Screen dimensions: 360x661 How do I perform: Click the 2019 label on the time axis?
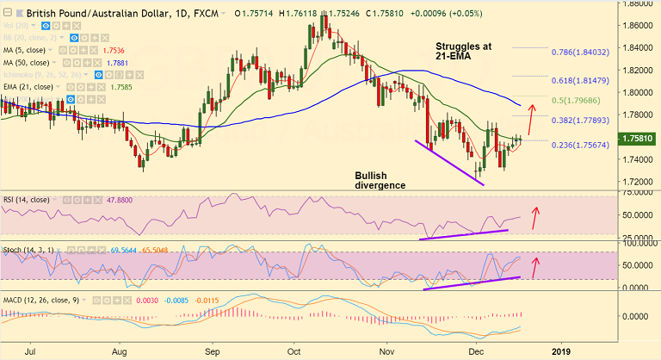point(560,351)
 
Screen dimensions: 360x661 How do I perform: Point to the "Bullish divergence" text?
point(380,180)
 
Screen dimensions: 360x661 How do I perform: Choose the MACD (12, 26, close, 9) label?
point(40,299)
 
